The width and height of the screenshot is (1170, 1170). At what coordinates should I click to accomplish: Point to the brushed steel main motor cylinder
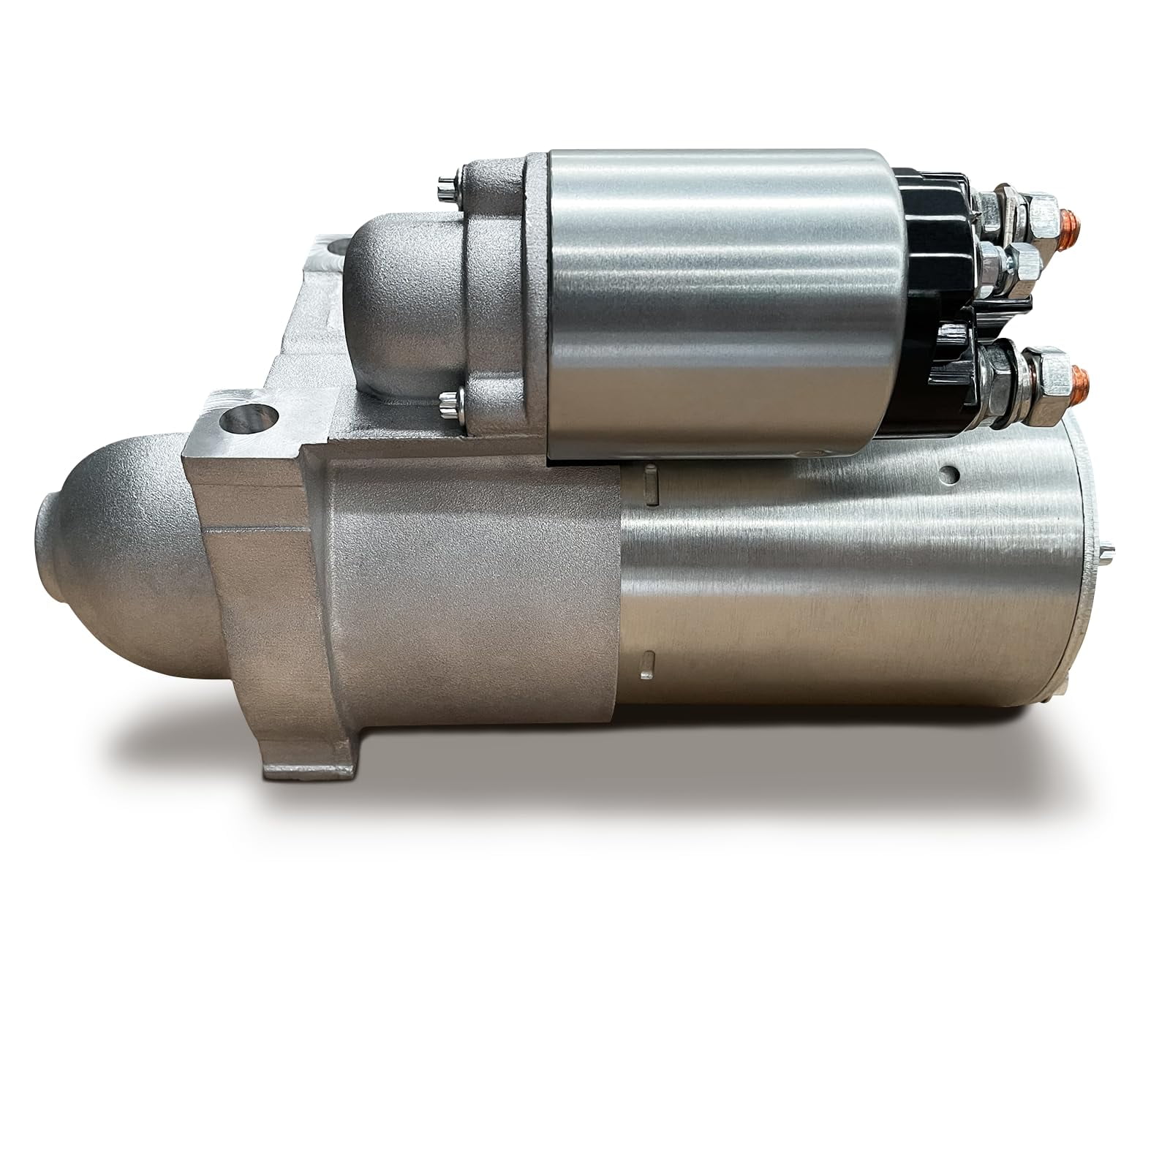[841, 585]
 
